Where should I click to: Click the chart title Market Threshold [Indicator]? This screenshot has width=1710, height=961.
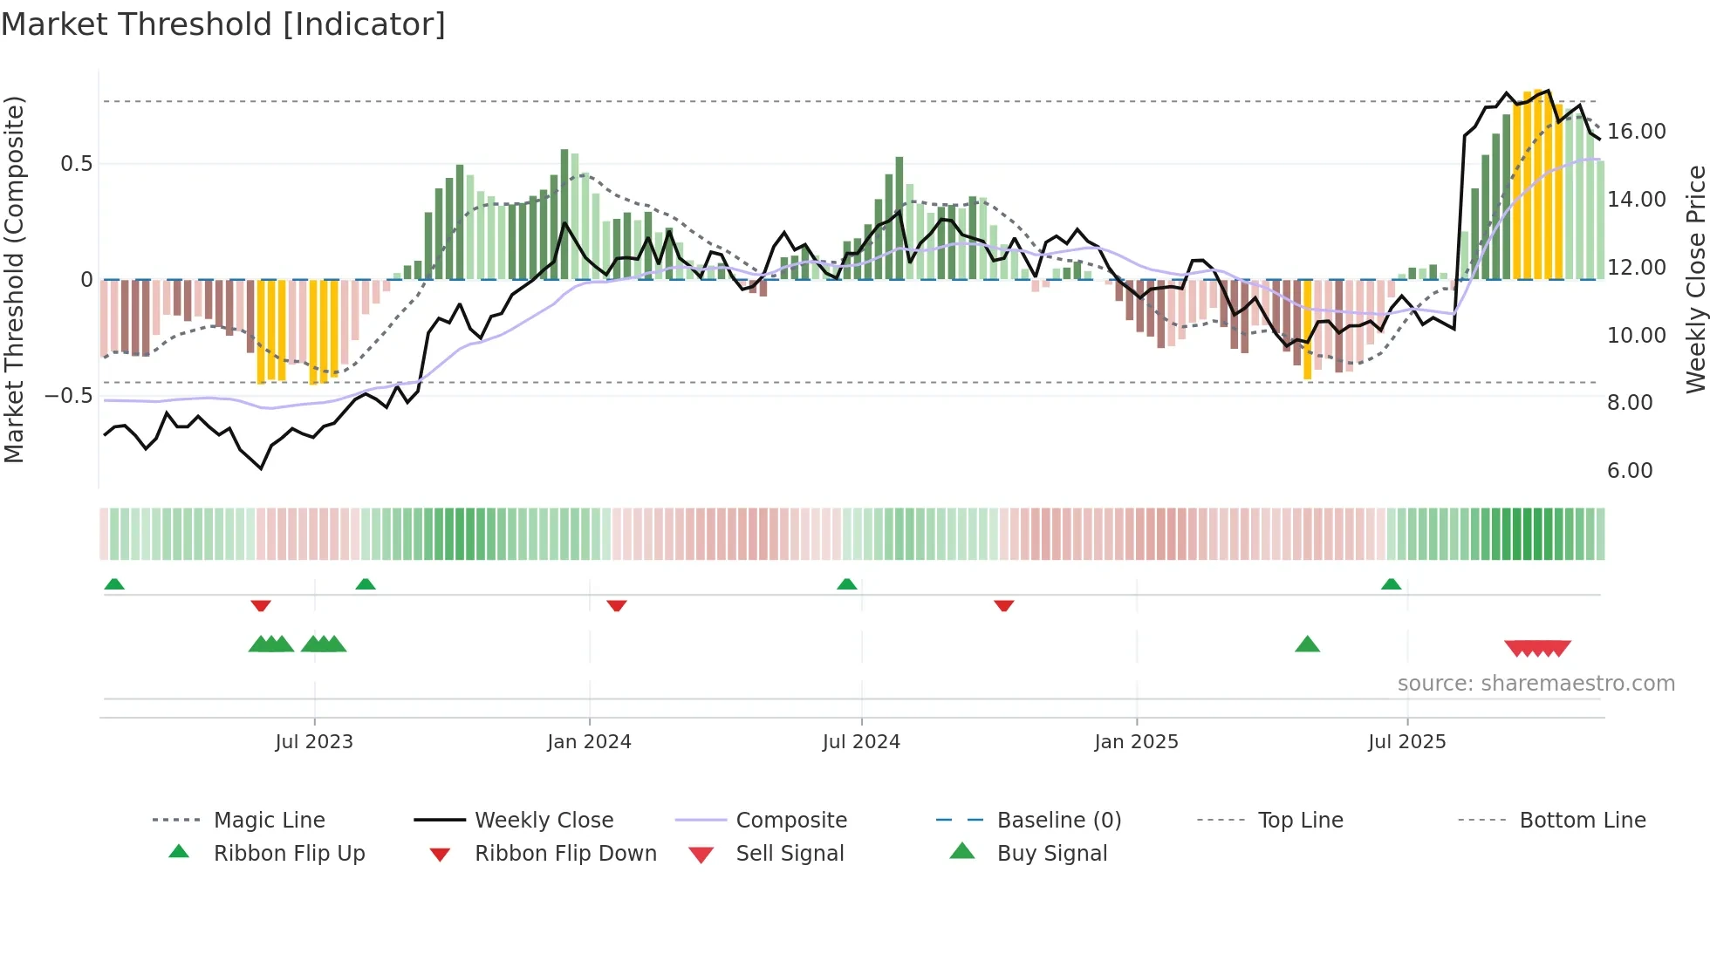223,24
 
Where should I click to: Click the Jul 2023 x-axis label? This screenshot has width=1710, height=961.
314,741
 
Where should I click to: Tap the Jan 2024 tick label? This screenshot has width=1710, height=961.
589,741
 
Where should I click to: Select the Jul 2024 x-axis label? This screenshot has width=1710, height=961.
861,741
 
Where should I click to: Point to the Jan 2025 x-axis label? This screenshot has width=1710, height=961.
1136,741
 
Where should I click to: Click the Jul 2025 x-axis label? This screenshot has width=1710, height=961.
1406,741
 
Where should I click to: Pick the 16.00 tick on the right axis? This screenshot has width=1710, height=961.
1636,132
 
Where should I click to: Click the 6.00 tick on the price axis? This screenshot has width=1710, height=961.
1630,471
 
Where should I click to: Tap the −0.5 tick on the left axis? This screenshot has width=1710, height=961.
68,395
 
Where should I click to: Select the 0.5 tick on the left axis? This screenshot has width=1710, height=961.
76,164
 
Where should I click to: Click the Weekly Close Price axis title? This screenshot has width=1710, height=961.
1695,279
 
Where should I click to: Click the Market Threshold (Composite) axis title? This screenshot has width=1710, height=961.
14,279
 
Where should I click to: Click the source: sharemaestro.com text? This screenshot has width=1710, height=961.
1536,683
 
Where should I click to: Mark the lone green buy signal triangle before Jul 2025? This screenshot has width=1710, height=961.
1307,644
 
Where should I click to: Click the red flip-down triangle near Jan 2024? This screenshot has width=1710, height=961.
617,605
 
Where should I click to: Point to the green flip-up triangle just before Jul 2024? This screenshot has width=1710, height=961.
846,583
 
